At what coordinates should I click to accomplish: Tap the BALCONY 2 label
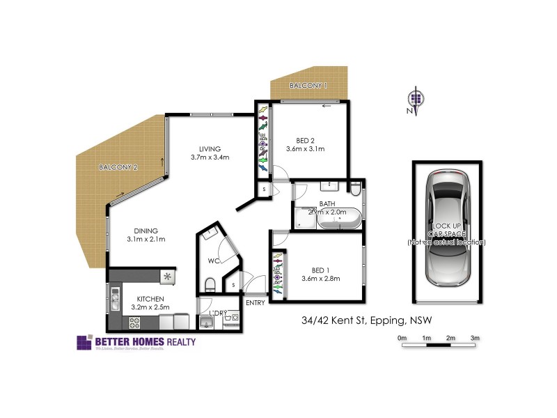pos(118,167)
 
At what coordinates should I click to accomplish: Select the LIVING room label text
pos(210,148)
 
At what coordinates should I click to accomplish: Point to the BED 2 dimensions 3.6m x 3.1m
pos(305,149)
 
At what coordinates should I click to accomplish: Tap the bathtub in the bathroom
pos(338,219)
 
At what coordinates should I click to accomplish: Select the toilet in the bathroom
pos(355,189)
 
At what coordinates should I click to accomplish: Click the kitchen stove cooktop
pos(135,322)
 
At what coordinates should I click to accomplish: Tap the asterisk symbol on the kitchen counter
pos(167,277)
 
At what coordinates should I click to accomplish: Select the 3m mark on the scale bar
pos(476,338)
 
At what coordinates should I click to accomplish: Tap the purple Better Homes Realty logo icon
pos(84,342)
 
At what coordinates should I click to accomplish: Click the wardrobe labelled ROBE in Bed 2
pos(263,139)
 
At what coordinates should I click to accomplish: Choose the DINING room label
pos(142,231)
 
